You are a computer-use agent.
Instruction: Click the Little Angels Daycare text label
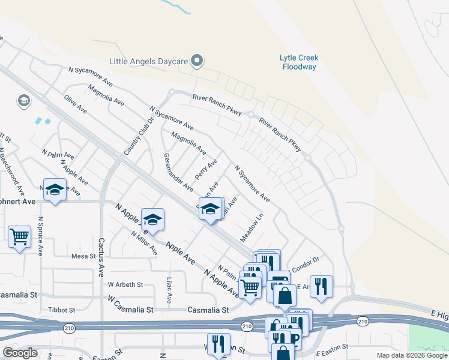(148, 61)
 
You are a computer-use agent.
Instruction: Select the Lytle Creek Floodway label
(299, 62)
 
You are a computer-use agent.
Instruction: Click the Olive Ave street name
(76, 104)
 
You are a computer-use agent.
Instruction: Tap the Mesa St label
(83, 256)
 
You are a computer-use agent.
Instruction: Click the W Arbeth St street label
(125, 284)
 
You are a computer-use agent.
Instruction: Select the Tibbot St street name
(62, 310)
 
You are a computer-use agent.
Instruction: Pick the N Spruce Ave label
(41, 236)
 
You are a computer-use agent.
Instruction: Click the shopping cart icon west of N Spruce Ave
(19, 237)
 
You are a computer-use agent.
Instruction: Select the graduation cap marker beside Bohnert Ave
(55, 190)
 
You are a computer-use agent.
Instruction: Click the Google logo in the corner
(20, 353)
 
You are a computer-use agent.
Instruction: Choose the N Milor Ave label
(145, 241)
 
